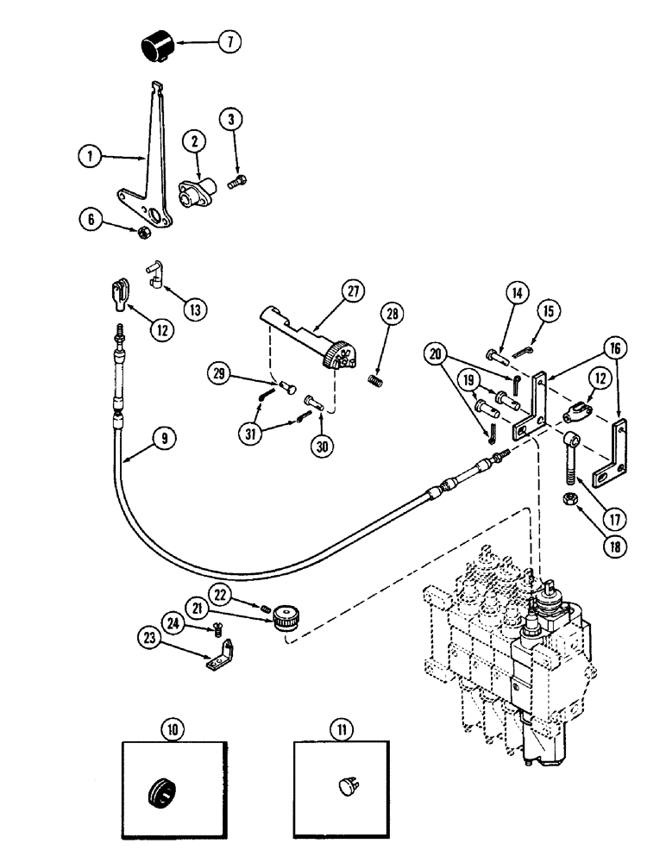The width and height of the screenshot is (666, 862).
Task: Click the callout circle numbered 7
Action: tap(229, 41)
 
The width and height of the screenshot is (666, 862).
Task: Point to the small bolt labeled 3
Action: tap(236, 182)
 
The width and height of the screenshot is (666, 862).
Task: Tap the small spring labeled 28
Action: tap(376, 378)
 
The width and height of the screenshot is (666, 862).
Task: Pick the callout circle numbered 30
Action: tap(318, 425)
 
